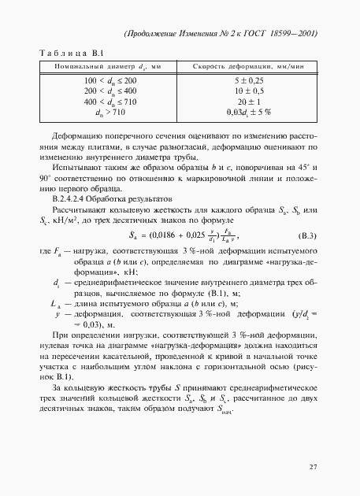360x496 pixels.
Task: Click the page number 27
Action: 313,466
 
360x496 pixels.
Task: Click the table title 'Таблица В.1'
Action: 72,53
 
